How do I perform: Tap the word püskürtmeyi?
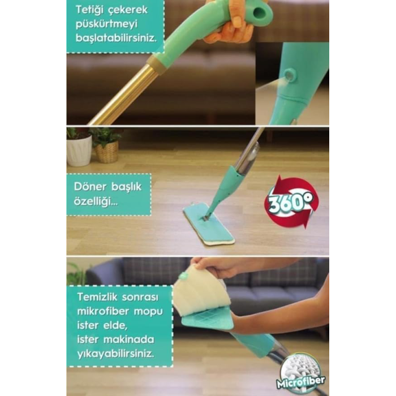click(x=106, y=24)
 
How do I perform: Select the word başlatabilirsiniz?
click(x=116, y=38)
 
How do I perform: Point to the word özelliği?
click(x=96, y=201)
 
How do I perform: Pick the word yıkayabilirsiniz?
click(x=115, y=354)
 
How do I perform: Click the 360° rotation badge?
click(x=291, y=202)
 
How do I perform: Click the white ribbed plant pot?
click(x=79, y=150)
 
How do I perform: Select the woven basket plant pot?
click(x=106, y=153)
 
